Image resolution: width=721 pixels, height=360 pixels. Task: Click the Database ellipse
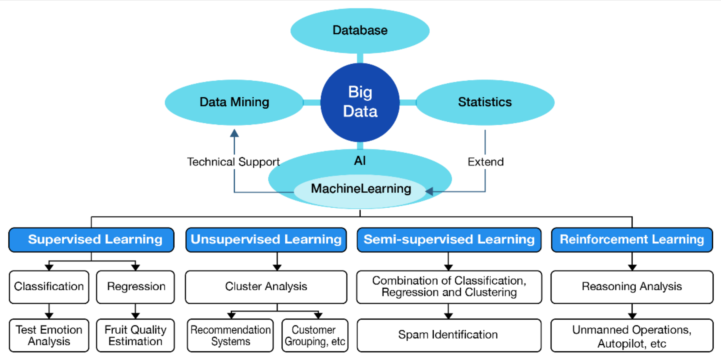coord(360,30)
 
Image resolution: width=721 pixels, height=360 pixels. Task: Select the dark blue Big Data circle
coord(360,102)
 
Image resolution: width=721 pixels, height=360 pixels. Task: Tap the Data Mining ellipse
coord(234,102)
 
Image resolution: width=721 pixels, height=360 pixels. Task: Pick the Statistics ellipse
coord(485,102)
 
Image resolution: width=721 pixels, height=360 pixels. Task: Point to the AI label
coord(360,161)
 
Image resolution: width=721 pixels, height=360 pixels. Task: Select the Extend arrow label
coord(486,162)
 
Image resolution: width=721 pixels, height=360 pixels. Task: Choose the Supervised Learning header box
coord(91,240)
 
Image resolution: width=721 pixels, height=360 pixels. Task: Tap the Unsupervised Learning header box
coord(266,240)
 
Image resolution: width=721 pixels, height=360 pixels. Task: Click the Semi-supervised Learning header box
coord(449,240)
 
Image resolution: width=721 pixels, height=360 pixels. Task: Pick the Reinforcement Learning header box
coord(632,240)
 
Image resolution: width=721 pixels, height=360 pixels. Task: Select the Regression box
coord(136,287)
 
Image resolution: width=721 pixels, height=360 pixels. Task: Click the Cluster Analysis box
coord(266,287)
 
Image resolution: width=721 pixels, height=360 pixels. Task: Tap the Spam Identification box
coord(449,335)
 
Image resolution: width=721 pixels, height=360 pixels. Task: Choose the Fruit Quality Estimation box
coord(136,335)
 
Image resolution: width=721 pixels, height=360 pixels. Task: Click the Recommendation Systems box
coord(230,335)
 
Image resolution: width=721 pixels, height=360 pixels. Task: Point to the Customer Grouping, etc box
coord(315,335)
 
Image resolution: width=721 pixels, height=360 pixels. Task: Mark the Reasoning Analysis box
coord(632,287)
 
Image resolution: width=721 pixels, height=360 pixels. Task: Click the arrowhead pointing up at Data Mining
coord(234,133)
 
